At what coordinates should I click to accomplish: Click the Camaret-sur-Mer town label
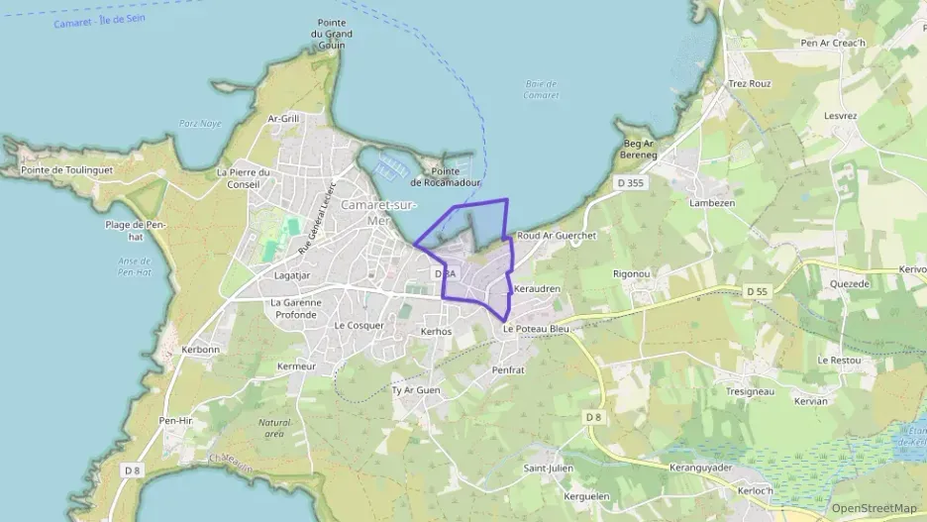[377, 211]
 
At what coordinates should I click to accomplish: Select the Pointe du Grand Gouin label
[331, 33]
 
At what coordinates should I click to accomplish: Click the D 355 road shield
[629, 182]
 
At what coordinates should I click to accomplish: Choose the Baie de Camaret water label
[541, 89]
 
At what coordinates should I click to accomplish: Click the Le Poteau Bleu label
[535, 328]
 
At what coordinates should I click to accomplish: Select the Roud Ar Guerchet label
[557, 237]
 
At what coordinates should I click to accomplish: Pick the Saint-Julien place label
[548, 468]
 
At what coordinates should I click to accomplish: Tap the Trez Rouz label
[749, 84]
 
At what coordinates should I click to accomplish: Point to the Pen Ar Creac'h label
[832, 43]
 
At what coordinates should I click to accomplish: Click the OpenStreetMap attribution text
[874, 508]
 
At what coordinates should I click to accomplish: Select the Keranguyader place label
[700, 468]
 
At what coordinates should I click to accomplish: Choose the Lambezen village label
[711, 202]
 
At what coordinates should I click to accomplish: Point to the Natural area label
[272, 428]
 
